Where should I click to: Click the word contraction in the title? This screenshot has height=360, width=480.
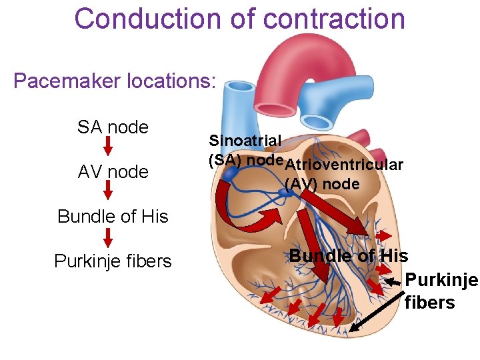pos(334,19)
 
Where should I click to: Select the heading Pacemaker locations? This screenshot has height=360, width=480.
pos(114,81)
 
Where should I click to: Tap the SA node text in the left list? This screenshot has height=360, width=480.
pos(113,127)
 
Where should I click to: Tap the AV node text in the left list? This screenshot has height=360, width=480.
pos(113,172)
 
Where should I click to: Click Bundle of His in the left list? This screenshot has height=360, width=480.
pos(113,217)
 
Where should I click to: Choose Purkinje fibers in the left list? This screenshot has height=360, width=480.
pos(113,261)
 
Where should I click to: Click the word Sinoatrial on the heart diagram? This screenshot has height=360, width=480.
pos(245,141)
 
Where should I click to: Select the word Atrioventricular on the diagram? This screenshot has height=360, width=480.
pos(345,165)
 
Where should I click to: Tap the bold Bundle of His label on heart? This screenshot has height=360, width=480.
pos(349,255)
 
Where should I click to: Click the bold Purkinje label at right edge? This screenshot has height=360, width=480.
pos(441,280)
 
